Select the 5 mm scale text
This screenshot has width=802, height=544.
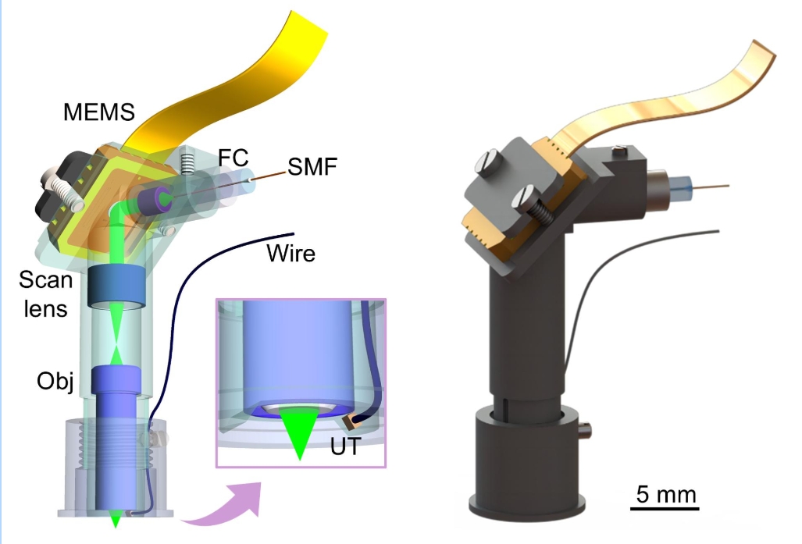[x=663, y=494]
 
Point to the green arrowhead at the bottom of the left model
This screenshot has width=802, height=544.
[x=116, y=518]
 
